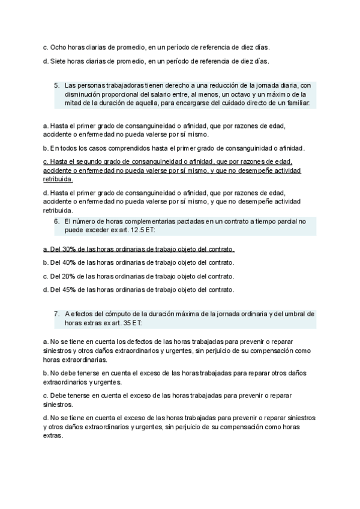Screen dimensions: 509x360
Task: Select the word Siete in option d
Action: [x=58, y=61]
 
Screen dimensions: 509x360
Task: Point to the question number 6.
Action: [x=56, y=221]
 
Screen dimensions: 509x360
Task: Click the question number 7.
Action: [x=56, y=313]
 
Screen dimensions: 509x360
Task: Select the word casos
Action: [x=88, y=148]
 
